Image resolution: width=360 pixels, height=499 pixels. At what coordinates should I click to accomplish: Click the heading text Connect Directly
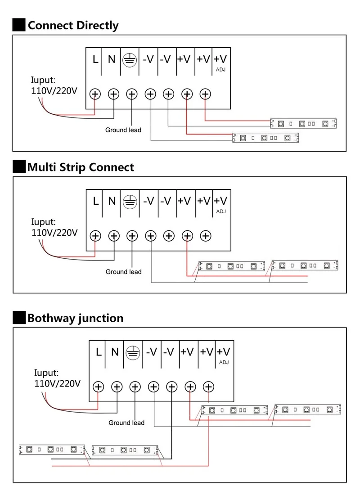(73, 26)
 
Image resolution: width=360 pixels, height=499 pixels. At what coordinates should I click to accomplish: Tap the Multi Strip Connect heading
(81, 167)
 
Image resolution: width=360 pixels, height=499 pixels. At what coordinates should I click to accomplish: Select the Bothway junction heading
(76, 318)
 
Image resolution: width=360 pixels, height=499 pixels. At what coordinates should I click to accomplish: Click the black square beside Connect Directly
(19, 25)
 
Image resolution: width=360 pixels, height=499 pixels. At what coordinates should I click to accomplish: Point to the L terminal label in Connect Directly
(95, 59)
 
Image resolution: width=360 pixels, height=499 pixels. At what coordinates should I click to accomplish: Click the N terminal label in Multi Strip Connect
(112, 201)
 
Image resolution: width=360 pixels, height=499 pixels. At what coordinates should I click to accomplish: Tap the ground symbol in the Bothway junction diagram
(133, 353)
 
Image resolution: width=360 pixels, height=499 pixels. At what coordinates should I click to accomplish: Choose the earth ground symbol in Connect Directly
(130, 60)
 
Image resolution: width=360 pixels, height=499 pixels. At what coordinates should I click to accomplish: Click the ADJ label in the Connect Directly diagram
(220, 69)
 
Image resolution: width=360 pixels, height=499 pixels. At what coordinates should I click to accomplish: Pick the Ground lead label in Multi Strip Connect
(123, 272)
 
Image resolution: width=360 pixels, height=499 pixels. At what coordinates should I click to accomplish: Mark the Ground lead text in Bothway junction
(126, 423)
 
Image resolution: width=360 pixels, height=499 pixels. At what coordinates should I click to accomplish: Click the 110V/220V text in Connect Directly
(54, 91)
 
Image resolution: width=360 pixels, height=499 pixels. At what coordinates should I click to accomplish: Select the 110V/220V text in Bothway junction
(57, 384)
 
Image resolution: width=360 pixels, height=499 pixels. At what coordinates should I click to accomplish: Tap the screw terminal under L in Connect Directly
(95, 94)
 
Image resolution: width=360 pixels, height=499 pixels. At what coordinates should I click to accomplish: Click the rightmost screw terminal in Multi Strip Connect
(206, 236)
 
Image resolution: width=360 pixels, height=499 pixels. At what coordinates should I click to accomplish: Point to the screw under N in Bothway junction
(117, 387)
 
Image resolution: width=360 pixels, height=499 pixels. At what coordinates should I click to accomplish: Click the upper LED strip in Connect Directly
(303, 123)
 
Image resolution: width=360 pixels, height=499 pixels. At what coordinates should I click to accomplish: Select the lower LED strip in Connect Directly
(265, 138)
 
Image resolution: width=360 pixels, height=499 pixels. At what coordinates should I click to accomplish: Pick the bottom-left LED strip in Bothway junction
(52, 450)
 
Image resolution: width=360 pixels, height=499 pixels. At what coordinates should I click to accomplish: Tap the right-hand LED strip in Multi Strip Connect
(305, 265)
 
